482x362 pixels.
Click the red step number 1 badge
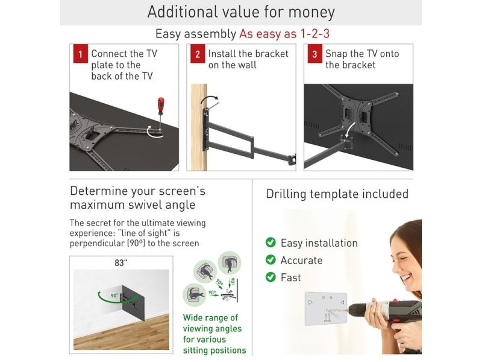81,54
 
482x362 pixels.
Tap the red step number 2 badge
198,54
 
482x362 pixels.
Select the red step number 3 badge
315,54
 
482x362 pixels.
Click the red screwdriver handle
161,106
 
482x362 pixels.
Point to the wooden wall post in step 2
199,127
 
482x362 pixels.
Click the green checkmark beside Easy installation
271,243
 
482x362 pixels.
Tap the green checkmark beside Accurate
271,260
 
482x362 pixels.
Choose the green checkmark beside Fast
271,277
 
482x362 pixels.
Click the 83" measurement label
121,263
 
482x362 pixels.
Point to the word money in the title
311,12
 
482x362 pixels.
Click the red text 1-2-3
315,34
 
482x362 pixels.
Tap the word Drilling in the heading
286,194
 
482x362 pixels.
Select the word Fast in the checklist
290,278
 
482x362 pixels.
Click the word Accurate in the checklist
301,260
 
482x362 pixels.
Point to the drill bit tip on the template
327,310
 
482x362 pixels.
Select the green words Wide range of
210,318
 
